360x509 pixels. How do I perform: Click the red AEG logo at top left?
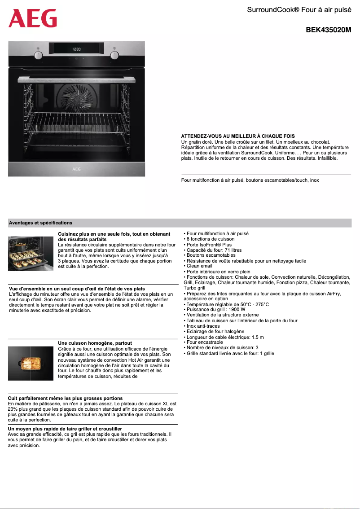coord(33,18)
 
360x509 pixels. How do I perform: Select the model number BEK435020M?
coord(328,31)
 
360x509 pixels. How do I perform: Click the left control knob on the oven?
coord(39,55)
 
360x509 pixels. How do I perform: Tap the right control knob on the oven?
coord(115,55)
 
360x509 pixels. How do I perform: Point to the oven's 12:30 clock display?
coord(77,49)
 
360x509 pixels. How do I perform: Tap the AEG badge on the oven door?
coord(77,170)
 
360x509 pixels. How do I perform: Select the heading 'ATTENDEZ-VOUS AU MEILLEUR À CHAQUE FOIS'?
coord(238,136)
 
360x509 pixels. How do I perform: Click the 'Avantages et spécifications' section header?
coord(40,223)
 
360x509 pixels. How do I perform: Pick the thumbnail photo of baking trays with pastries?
coord(31,254)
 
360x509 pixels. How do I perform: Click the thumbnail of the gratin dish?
coord(31,363)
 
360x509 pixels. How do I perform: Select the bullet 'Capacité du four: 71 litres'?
coord(214,250)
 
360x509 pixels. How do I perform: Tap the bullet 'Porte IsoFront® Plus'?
coord(209,245)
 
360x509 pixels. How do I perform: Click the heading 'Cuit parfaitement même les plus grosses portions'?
coord(66,398)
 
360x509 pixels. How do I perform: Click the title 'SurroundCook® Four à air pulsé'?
coord(299,10)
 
